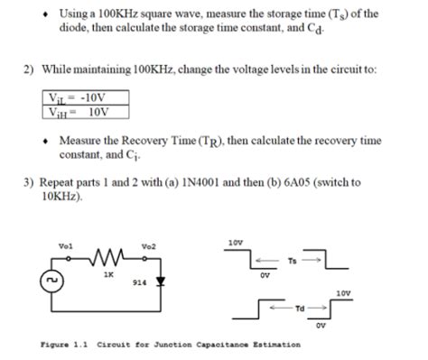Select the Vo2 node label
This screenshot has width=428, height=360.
pos(148,245)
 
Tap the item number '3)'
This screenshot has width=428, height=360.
pos(29,181)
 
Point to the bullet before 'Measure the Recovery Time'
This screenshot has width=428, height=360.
pos(46,142)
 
